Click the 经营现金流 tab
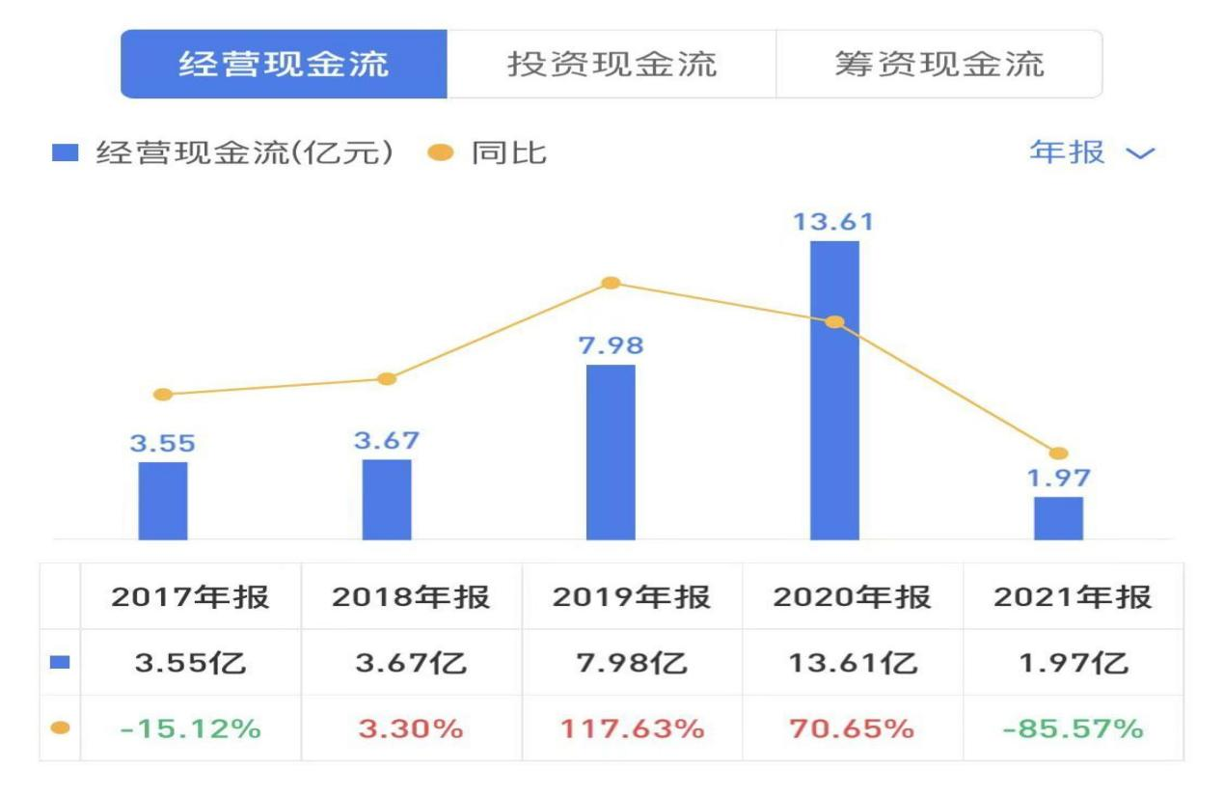(x=284, y=64)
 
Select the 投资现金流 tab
(x=612, y=64)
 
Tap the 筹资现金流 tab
(x=938, y=64)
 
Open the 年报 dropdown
(x=1091, y=152)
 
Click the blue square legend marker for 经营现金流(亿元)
(x=65, y=153)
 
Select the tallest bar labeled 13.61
(x=834, y=390)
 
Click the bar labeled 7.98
(x=611, y=452)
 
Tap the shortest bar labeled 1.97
(x=1058, y=518)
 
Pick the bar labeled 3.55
(x=163, y=501)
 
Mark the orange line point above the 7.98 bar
(x=611, y=283)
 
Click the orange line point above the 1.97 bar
(x=1058, y=453)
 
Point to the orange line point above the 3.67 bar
(x=387, y=379)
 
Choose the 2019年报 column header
(x=631, y=597)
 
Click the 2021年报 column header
(x=1073, y=597)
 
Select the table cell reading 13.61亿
(x=852, y=663)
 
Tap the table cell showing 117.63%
(x=631, y=728)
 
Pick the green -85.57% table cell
(x=1073, y=728)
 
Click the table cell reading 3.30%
(x=411, y=728)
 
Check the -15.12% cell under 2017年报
(x=190, y=728)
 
